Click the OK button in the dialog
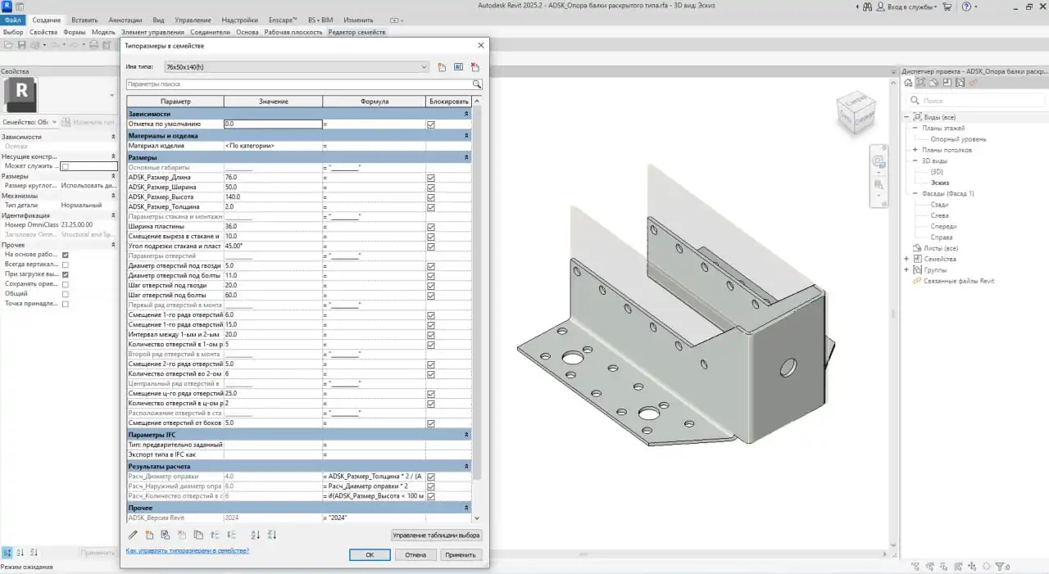click(x=369, y=554)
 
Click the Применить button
click(x=460, y=554)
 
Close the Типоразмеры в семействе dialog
click(x=480, y=46)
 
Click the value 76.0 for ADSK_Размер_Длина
click(x=272, y=177)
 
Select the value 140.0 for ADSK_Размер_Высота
click(x=272, y=197)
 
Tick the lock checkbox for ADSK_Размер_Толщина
click(x=431, y=207)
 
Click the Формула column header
click(x=375, y=102)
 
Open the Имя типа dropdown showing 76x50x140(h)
click(x=295, y=67)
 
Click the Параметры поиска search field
click(x=299, y=84)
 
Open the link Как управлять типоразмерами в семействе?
click(x=187, y=551)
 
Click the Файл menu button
click(x=12, y=20)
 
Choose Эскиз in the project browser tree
click(x=939, y=183)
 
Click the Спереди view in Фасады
click(x=943, y=226)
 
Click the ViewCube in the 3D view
click(x=854, y=113)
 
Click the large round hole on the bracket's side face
click(x=790, y=365)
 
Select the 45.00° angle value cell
click(x=272, y=246)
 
